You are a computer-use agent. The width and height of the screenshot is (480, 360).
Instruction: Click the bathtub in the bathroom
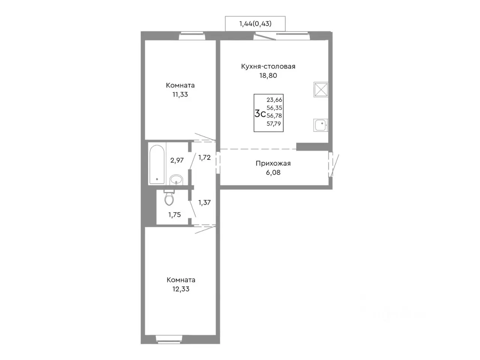click(157, 164)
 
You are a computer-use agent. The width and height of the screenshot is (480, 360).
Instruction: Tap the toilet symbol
click(169, 198)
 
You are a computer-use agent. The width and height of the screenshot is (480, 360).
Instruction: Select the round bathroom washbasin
click(176, 180)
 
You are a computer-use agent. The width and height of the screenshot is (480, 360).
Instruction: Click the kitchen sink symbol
click(320, 125)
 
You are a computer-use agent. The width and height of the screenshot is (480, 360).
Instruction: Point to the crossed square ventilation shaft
click(321, 89)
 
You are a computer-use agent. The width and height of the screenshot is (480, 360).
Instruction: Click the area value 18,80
click(268, 76)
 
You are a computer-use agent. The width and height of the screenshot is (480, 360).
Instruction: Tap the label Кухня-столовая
click(268, 66)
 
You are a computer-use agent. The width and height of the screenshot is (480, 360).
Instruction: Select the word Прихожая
click(273, 163)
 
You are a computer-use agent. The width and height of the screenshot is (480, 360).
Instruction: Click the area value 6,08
click(273, 172)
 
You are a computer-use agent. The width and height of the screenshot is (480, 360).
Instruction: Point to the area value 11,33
click(180, 94)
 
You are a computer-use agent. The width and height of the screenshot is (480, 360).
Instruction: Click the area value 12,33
click(181, 289)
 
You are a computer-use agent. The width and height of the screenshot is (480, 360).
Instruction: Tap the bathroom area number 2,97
click(177, 160)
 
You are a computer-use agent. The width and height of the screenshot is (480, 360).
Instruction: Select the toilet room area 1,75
click(174, 214)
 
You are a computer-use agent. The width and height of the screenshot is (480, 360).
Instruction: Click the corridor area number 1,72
click(204, 157)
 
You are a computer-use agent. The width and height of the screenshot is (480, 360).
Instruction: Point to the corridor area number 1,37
click(204, 202)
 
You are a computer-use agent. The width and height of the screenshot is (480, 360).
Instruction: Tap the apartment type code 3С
click(260, 114)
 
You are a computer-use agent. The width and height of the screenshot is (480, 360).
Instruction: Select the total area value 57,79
click(274, 124)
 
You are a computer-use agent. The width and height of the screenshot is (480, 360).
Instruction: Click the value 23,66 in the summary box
click(274, 100)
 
